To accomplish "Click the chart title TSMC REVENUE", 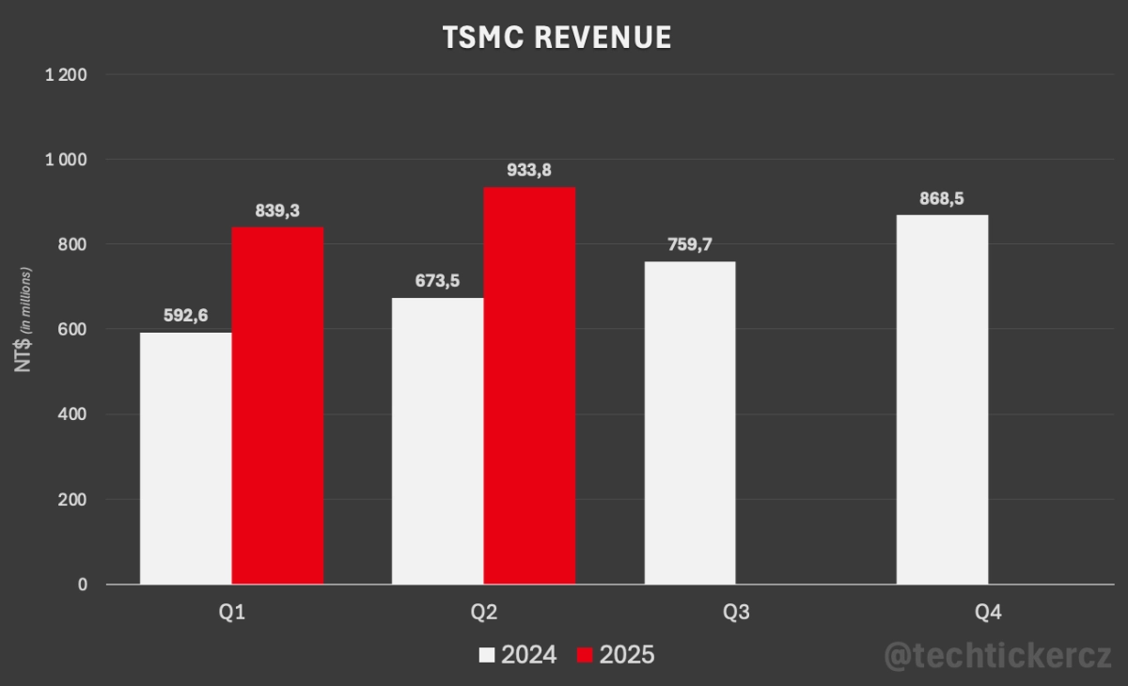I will [x=557, y=37].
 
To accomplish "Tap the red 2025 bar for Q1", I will [x=277, y=405].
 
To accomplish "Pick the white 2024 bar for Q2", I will [x=438, y=441].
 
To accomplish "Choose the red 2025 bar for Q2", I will [x=529, y=385].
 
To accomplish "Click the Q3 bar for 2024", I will [x=690, y=422].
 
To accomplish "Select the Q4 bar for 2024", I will [x=942, y=399].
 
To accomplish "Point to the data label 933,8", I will [x=529, y=170].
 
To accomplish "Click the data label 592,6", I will [x=185, y=316].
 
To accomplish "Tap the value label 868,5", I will [x=942, y=198].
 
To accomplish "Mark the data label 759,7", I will [x=690, y=244].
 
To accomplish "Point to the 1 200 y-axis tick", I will [x=66, y=74].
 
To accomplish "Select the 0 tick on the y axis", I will [x=83, y=585].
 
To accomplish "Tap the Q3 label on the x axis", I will [x=736, y=613].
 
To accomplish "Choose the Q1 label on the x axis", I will [x=231, y=613].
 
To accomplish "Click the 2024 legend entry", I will [x=518, y=654].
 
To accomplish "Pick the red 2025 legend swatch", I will [x=585, y=655].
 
